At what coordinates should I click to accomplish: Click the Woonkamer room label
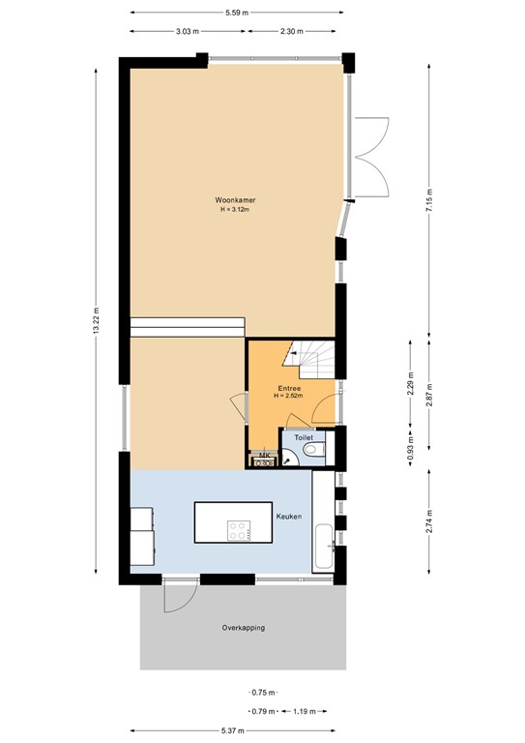[235, 200]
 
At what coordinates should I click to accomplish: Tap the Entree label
[287, 389]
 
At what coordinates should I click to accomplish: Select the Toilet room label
[305, 438]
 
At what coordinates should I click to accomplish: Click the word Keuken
[289, 517]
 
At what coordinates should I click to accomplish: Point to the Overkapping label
[243, 627]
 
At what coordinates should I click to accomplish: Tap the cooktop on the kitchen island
[238, 530]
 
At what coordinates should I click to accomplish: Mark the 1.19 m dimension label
[304, 712]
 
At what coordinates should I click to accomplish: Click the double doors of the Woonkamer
[370, 155]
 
